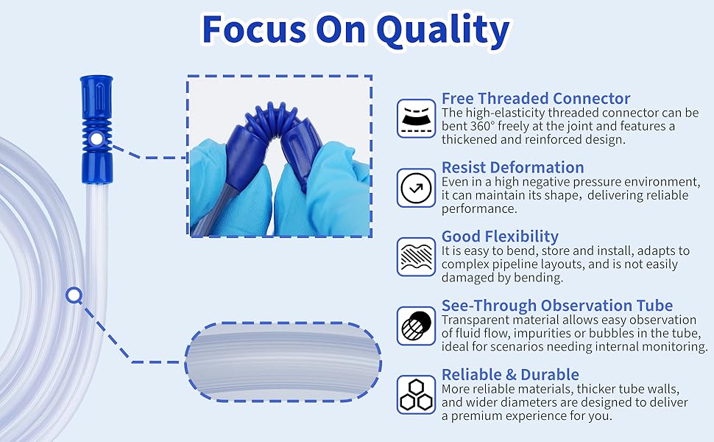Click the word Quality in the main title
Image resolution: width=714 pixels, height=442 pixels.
443,30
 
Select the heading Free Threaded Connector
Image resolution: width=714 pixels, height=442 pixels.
536,99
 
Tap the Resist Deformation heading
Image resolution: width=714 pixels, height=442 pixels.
513,167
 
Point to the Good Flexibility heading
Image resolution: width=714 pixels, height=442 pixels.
500,236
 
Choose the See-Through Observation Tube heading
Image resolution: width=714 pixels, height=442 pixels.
557,305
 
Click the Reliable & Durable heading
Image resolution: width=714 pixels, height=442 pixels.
510,374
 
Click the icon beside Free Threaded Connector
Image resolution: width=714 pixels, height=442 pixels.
416,119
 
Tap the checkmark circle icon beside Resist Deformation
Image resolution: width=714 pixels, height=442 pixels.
416,188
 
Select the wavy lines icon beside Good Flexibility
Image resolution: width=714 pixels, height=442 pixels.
416,256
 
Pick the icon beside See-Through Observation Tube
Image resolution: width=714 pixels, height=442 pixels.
416,326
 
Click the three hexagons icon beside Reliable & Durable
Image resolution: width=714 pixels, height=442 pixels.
416,395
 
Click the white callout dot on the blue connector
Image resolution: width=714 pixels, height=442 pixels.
96,139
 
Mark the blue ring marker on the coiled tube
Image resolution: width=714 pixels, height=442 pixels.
74,295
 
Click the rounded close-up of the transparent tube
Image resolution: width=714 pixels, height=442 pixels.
283,362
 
